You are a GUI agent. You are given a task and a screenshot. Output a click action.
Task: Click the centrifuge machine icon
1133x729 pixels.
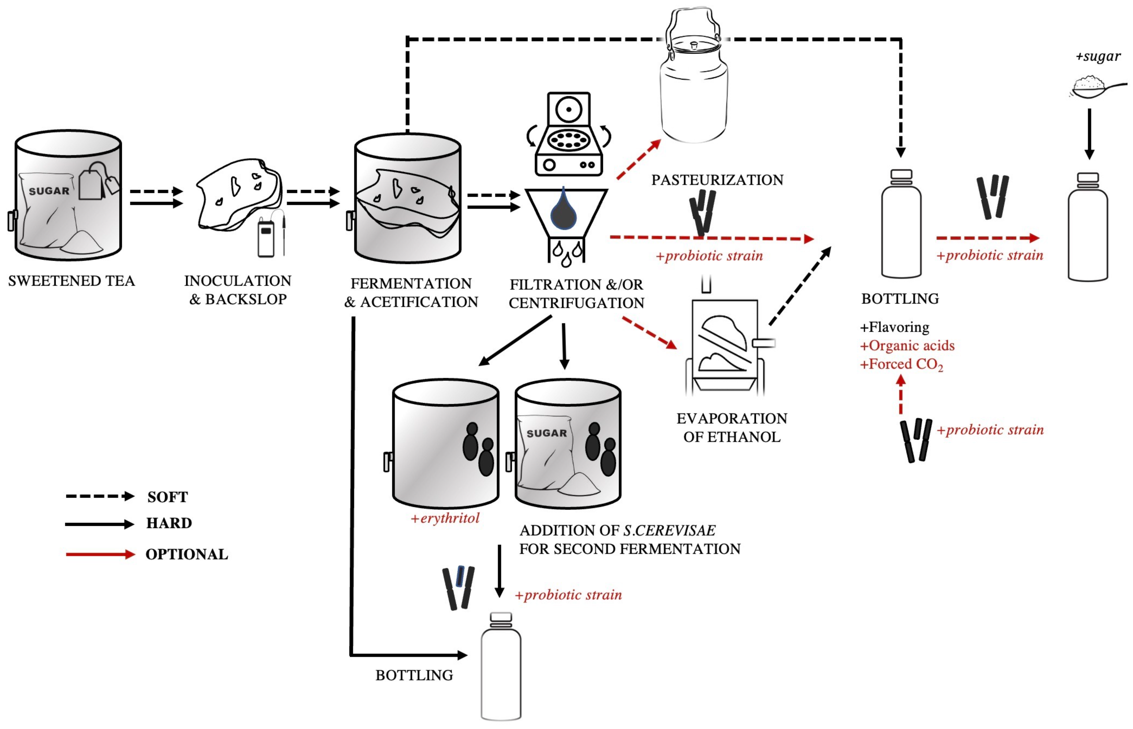click(568, 135)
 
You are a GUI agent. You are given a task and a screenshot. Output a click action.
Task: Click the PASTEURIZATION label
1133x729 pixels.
click(717, 180)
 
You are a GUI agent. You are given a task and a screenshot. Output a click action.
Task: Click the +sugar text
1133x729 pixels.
click(1098, 56)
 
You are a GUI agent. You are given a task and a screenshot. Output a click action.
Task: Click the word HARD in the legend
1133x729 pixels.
click(169, 523)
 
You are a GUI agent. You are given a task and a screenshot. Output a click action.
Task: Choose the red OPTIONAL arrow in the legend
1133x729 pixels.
click(100, 554)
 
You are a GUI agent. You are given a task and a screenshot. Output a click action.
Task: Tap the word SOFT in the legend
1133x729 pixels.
click(167, 497)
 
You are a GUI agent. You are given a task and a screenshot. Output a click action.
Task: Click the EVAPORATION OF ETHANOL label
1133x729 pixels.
click(731, 427)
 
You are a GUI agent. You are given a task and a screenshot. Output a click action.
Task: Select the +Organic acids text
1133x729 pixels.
click(907, 345)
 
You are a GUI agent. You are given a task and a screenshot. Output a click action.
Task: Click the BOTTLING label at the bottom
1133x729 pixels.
click(414, 675)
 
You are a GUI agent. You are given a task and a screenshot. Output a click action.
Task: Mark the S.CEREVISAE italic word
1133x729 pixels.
click(669, 530)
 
